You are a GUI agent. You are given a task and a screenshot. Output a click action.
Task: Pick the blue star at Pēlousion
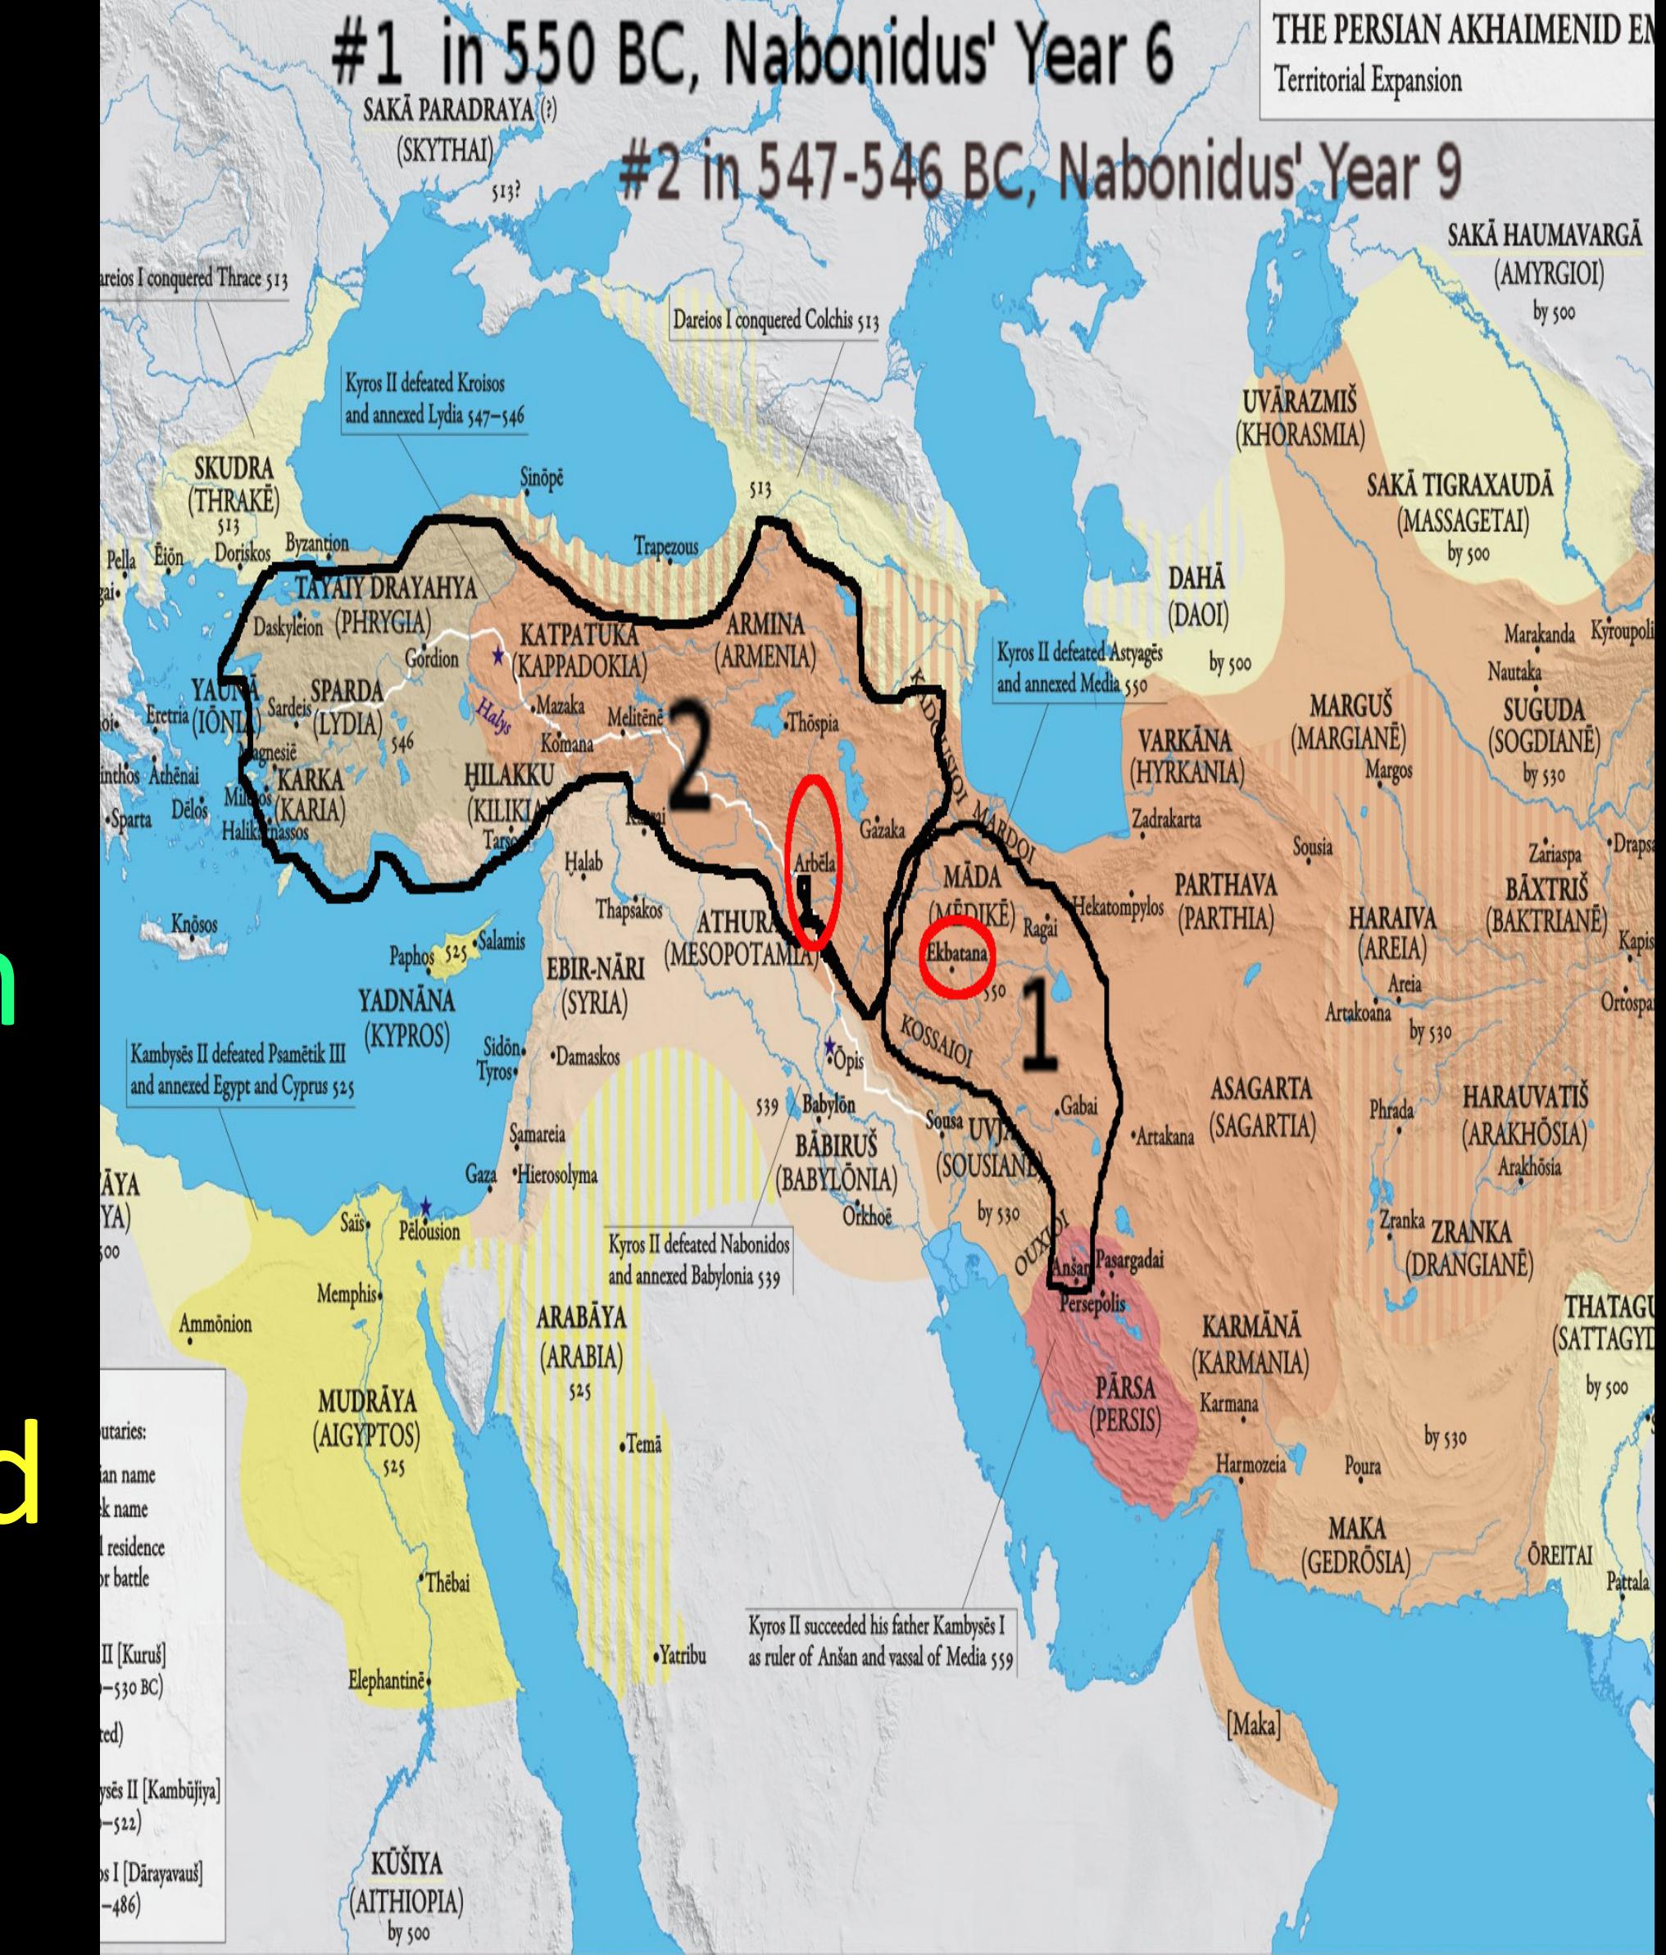426,1207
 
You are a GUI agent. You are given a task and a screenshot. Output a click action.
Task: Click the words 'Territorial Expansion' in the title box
1368,80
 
